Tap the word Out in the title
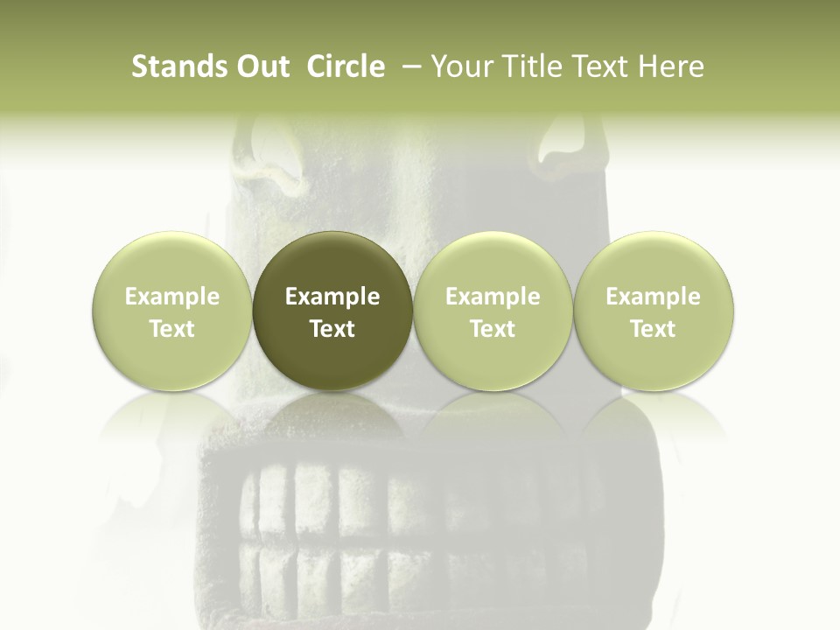point(260,66)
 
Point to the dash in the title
point(408,66)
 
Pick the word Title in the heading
point(528,66)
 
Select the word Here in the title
point(669,66)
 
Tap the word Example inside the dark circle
point(332,297)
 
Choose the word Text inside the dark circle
point(332,329)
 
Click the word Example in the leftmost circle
point(172,297)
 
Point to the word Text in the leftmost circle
point(172,329)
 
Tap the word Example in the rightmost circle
point(654,297)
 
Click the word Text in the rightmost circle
point(654,329)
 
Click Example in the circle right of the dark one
point(493,297)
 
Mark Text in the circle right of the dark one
point(493,329)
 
